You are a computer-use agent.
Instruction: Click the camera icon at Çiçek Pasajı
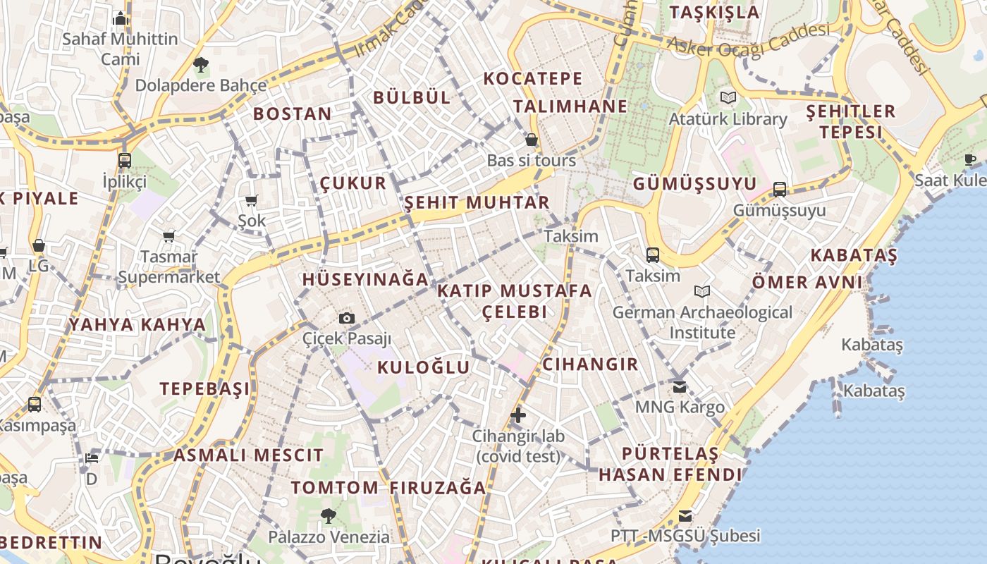(346, 319)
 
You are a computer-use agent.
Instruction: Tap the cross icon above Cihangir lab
(518, 415)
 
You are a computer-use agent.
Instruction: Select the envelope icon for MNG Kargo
(680, 386)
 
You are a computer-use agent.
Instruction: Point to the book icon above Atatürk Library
(728, 98)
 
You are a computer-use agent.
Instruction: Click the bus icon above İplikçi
(125, 161)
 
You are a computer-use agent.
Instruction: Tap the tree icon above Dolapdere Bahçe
(201, 65)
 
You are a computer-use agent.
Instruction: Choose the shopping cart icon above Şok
(252, 200)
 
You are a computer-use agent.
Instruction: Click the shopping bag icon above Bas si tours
(532, 140)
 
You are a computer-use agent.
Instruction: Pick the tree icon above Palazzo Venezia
(328, 515)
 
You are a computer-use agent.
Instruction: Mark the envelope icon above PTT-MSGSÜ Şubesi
(685, 515)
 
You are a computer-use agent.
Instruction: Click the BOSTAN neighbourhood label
(292, 114)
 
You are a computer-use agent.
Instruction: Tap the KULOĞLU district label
(423, 367)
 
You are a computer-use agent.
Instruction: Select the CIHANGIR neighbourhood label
(590, 364)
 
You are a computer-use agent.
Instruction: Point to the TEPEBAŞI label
(204, 388)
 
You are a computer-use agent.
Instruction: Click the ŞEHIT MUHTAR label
(477, 203)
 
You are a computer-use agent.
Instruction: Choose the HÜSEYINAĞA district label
(365, 279)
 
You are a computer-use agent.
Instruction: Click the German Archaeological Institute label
(702, 321)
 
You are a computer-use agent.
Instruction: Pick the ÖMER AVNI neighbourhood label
(807, 282)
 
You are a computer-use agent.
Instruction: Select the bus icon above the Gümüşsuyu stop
(780, 189)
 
